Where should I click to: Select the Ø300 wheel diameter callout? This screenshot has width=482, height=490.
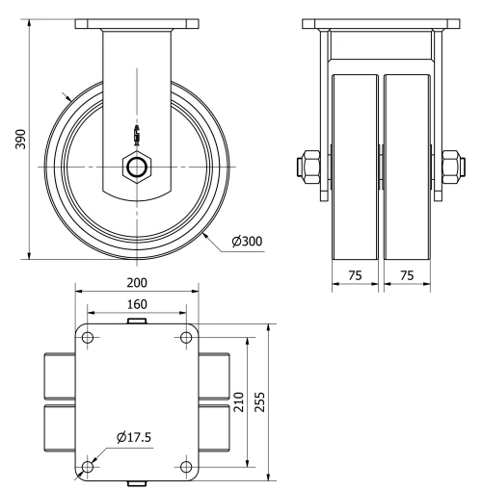pos(247,242)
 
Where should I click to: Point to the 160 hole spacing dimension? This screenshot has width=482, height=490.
pos(136,303)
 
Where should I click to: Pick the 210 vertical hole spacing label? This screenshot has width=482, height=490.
pos(237,400)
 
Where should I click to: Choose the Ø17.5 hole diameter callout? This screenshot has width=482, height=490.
pos(134,438)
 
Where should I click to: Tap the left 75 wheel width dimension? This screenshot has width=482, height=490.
pos(354,275)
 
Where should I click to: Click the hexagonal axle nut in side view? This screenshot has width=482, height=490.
pos(136,167)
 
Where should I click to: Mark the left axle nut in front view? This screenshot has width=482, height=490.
pos(307,165)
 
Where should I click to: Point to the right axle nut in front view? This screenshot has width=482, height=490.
pos(451,165)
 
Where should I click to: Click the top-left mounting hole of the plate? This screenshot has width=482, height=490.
pos(88,339)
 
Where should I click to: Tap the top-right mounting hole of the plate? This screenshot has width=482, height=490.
pos(185,339)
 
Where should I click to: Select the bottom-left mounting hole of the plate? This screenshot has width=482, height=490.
pos(88,467)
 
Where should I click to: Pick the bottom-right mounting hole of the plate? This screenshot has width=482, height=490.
pos(185,467)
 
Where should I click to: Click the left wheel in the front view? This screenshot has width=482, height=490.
pos(355,164)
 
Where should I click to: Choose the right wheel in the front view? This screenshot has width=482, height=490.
pos(409,164)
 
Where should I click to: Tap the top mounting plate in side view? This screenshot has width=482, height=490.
pos(136,23)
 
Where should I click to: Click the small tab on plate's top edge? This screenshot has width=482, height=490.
pos(136,321)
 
